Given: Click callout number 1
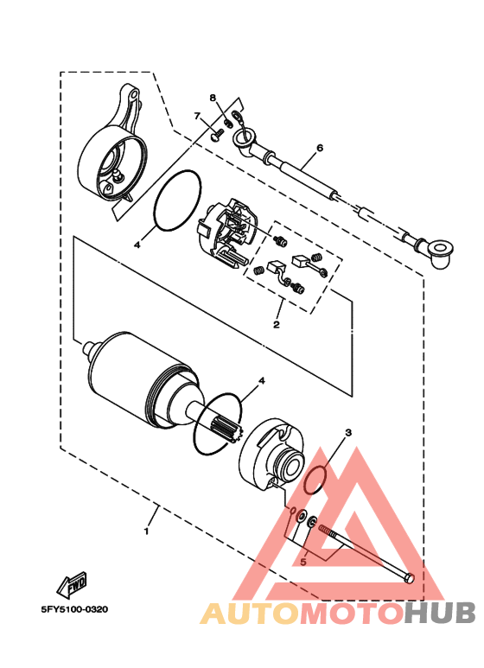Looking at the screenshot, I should coord(147,531).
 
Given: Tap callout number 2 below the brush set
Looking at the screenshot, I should coord(277,325).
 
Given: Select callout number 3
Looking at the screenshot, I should coord(348,432).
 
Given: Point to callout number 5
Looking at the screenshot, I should coord(302,562).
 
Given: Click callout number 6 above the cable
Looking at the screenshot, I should coord(319,149).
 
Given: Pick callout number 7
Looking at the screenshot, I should coord(197,115).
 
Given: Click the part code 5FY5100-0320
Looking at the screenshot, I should coord(73,608).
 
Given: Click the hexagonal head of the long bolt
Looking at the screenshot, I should coord(409,577).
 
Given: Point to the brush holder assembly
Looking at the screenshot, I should coord(228,233).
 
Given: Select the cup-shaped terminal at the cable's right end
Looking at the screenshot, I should coord(442,251).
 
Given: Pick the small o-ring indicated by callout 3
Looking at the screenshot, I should coord(317,477).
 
